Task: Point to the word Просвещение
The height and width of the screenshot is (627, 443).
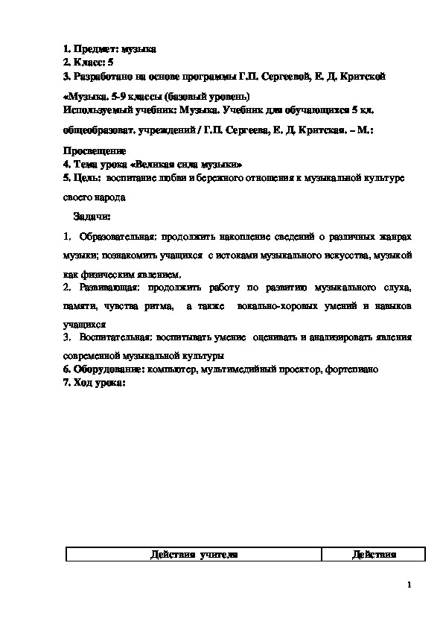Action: click(95, 150)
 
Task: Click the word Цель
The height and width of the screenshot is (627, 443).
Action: click(89, 179)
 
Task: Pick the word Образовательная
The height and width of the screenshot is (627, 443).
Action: click(115, 236)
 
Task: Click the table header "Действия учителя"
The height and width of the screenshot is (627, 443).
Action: click(194, 555)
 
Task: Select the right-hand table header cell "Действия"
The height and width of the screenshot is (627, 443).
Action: click(373, 555)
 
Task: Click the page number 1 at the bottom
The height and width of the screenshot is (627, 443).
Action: click(409, 585)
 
